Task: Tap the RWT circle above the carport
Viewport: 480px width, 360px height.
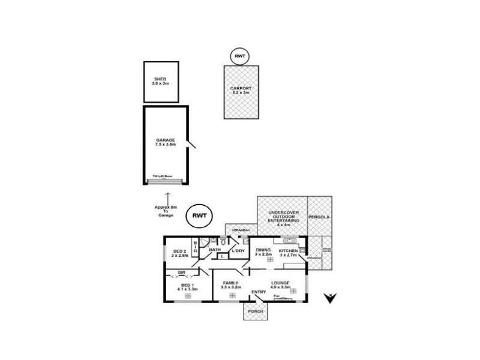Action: click(x=241, y=56)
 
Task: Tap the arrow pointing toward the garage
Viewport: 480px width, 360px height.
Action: click(x=167, y=197)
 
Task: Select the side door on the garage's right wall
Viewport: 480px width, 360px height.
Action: click(x=191, y=145)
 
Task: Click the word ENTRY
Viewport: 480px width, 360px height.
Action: click(x=259, y=292)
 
